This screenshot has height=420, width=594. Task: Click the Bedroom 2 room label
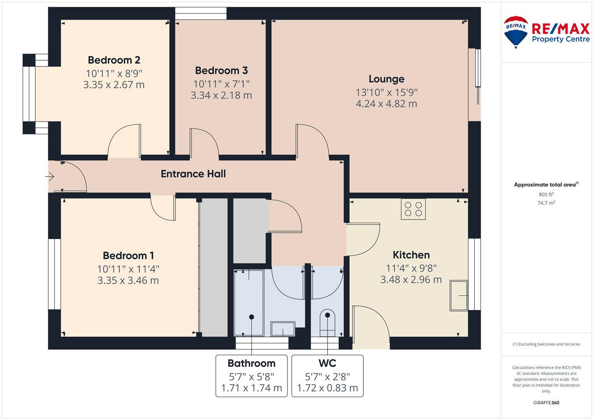[114, 60]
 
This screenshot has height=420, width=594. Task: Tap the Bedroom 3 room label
[221, 70]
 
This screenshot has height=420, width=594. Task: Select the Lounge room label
[386, 79]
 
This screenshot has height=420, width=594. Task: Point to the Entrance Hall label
[193, 174]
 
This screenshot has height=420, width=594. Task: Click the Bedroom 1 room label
[128, 255]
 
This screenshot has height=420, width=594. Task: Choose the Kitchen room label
[411, 255]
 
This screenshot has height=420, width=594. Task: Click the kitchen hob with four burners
[413, 209]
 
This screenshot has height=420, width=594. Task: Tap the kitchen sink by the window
[459, 296]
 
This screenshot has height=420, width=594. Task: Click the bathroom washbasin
[283, 329]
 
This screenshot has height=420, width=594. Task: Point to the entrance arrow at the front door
[49, 177]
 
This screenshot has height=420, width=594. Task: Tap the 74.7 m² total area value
[546, 203]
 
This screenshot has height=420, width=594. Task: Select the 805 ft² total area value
[546, 194]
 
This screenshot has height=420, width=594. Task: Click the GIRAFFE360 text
[546, 403]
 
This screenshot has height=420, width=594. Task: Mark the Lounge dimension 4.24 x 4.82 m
[386, 104]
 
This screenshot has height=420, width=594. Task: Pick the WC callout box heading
[327, 363]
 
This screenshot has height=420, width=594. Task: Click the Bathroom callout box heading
[251, 363]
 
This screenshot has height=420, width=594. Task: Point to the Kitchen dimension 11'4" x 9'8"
[411, 268]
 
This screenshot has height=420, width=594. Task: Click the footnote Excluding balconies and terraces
[546, 344]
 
